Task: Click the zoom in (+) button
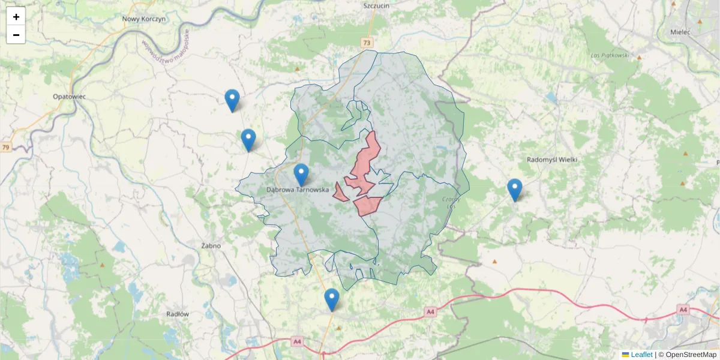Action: pos(16,17)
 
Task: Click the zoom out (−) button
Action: pos(16,35)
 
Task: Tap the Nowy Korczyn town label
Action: pos(143,19)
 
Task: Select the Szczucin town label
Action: pos(377,5)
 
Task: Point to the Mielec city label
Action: pos(681,32)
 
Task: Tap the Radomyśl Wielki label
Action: pos(551,160)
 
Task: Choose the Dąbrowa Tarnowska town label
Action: pos(297,190)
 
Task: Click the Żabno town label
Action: pos(211,245)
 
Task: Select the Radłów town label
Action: pos(178,314)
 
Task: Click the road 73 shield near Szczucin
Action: pos(367,43)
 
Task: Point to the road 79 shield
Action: pos(6,147)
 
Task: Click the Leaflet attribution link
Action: pos(641,355)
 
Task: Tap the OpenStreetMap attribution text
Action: pos(691,355)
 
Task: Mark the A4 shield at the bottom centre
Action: pos(297,341)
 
